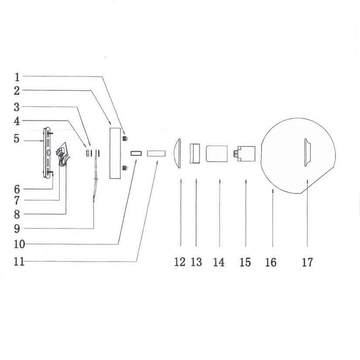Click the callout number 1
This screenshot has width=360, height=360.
(x=17, y=77)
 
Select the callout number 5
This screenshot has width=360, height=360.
(x=17, y=138)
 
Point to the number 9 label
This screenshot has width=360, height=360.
(x=17, y=228)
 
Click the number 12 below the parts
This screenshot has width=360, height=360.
(x=180, y=262)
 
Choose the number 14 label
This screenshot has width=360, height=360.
(x=219, y=262)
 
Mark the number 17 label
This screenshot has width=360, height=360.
(x=307, y=262)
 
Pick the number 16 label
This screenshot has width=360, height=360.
(x=271, y=262)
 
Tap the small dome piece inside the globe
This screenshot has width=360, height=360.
(x=307, y=153)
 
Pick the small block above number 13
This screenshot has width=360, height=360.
(x=195, y=154)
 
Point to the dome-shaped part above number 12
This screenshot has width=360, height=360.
(x=178, y=153)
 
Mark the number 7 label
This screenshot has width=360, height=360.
(x=17, y=201)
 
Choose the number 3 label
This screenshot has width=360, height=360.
(x=17, y=107)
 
